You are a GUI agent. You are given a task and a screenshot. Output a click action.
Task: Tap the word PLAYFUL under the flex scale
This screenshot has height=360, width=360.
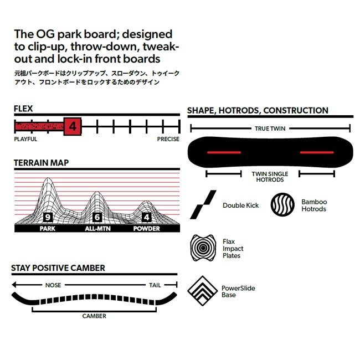tap(25, 139)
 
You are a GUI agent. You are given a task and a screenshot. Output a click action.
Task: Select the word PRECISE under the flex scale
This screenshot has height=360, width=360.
tap(168, 139)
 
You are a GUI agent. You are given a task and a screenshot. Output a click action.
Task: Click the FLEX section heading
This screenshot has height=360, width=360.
tap(24, 110)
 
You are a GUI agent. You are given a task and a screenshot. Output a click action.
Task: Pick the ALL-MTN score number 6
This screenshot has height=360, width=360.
tap(97, 217)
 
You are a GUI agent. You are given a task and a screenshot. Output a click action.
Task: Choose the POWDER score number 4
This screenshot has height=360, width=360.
tap(147, 217)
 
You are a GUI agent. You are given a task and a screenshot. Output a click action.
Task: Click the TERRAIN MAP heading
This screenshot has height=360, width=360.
tap(42, 163)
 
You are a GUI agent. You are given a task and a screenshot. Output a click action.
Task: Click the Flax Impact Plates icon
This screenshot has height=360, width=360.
tap(202, 247)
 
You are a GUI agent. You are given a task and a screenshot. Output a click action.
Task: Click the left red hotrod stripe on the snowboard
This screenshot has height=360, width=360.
tap(224, 152)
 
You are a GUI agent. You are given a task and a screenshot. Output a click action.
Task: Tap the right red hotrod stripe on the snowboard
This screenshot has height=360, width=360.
tap(317, 152)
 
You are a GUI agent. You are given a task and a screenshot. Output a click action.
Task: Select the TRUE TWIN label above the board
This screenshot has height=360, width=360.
tap(270, 128)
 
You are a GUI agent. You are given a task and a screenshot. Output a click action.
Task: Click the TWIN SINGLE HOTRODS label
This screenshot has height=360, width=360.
tap(270, 177)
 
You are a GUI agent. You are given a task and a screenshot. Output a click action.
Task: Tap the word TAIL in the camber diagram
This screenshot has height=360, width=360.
tap(155, 285)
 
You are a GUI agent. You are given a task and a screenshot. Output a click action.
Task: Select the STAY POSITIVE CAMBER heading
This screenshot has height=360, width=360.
tap(58, 268)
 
